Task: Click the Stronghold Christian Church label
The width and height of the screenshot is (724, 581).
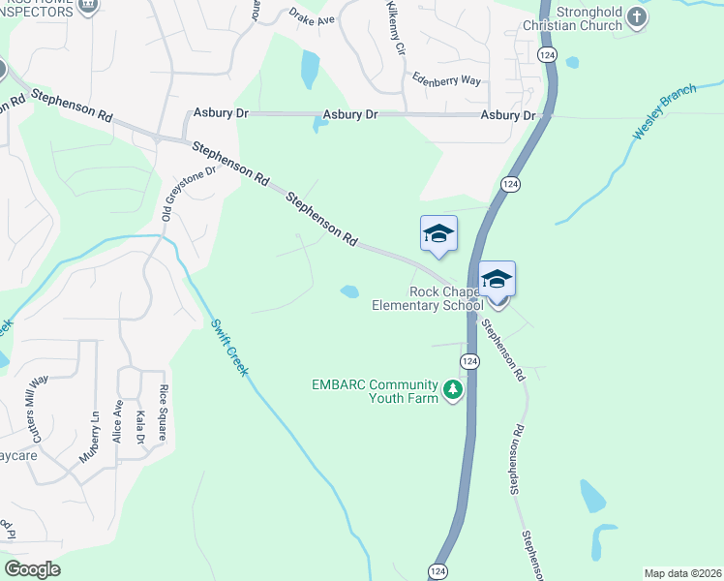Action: (572, 19)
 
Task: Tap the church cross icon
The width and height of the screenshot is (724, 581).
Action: (636, 16)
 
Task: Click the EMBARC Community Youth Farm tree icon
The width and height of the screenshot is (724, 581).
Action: (452, 390)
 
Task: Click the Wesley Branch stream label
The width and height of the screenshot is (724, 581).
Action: (665, 117)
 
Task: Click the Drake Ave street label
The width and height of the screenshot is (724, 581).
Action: (312, 17)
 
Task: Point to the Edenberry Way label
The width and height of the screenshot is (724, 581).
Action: (446, 80)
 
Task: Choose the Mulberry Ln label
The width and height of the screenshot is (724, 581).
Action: (90, 436)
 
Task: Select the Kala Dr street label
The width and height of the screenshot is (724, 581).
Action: (140, 427)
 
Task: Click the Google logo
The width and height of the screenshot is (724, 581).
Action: (32, 568)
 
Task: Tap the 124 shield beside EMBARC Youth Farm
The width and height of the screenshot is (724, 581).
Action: (468, 361)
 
